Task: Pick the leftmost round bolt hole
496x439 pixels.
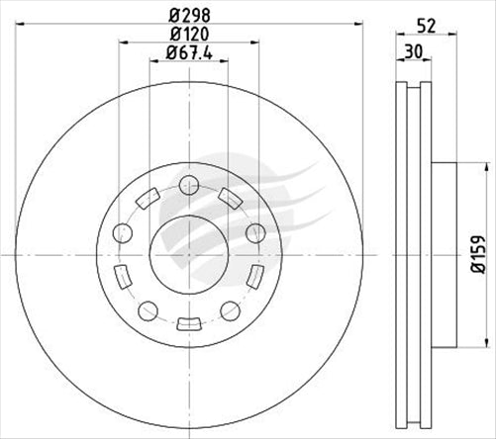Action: [x=124, y=233]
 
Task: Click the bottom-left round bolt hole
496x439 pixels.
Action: [x=148, y=307]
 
